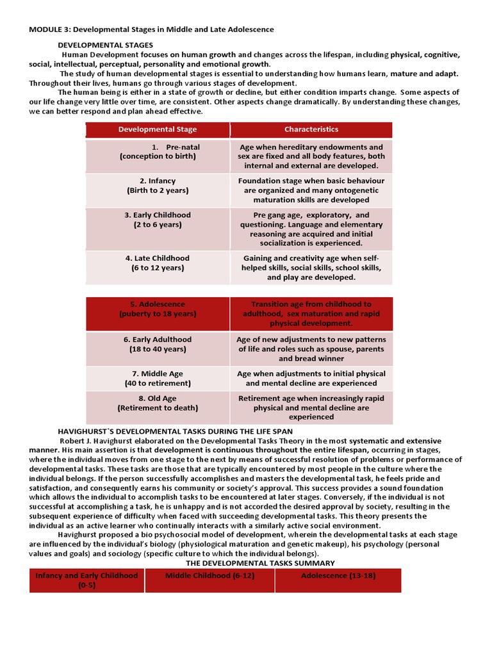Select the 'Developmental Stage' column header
(158, 129)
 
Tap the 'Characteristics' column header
(311, 129)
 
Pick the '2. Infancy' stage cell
(158, 186)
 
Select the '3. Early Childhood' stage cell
(158, 220)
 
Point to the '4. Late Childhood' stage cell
(158, 263)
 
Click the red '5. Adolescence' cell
(158, 309)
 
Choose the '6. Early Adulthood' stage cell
(158, 344)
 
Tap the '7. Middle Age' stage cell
(158, 378)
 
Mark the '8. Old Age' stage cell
(158, 403)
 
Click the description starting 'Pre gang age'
(311, 229)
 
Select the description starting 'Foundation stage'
(311, 190)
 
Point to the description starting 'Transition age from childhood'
(311, 314)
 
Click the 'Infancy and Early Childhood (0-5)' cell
(86, 580)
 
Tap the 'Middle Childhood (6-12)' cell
(210, 576)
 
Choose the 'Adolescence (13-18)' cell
(338, 576)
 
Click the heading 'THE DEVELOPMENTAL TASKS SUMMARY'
(260, 563)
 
